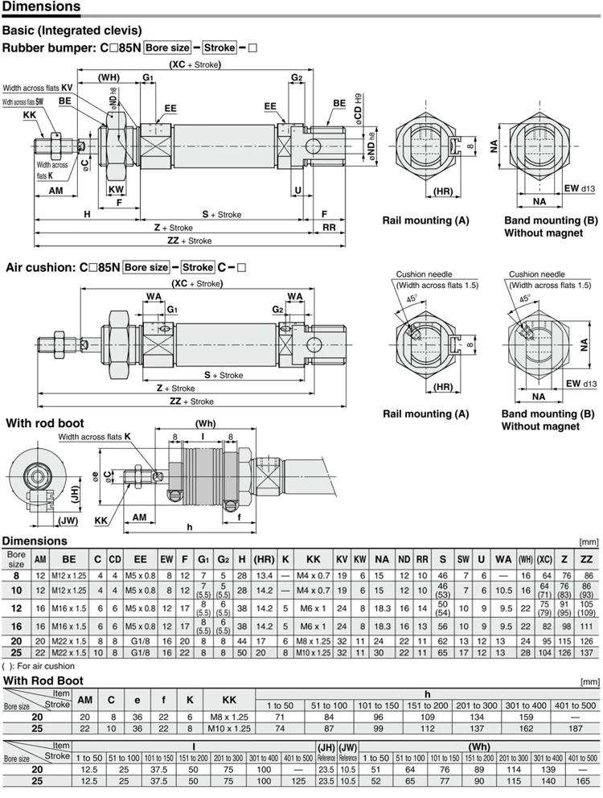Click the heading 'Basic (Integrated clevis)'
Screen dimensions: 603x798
tap(72, 30)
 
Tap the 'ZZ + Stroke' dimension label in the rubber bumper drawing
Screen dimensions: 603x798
tap(189, 241)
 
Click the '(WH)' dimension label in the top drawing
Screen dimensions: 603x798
tap(109, 77)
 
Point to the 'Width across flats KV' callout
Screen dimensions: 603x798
tap(38, 88)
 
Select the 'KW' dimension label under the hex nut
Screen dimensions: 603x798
tap(116, 190)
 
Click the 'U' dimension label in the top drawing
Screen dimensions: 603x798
tap(297, 191)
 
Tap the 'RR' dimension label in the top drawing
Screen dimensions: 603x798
tap(329, 228)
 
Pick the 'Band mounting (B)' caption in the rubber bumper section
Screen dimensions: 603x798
tap(551, 220)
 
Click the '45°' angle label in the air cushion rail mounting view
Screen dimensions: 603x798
tap(412, 298)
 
